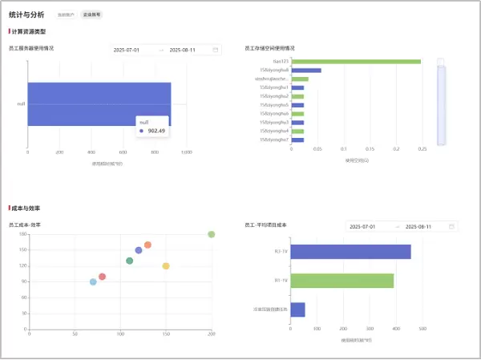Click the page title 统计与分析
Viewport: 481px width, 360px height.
[x=26, y=14]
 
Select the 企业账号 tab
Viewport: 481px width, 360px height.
[x=92, y=15]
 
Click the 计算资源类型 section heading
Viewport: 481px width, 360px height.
[x=29, y=31]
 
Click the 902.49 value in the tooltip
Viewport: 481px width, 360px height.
[x=156, y=131]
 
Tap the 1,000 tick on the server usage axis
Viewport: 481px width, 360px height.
[x=186, y=152]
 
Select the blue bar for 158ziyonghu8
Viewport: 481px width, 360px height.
[x=306, y=70]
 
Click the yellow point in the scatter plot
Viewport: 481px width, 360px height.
[x=166, y=266]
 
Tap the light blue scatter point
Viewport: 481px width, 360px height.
[x=93, y=282]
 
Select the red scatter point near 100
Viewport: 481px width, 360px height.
[x=102, y=277]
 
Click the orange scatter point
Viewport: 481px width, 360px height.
[x=148, y=245]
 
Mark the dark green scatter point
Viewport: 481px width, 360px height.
[x=129, y=261]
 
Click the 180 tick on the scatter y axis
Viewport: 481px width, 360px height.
[x=23, y=234]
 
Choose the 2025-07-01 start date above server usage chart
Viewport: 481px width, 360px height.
[x=127, y=50]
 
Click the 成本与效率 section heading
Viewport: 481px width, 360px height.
[x=26, y=208]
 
